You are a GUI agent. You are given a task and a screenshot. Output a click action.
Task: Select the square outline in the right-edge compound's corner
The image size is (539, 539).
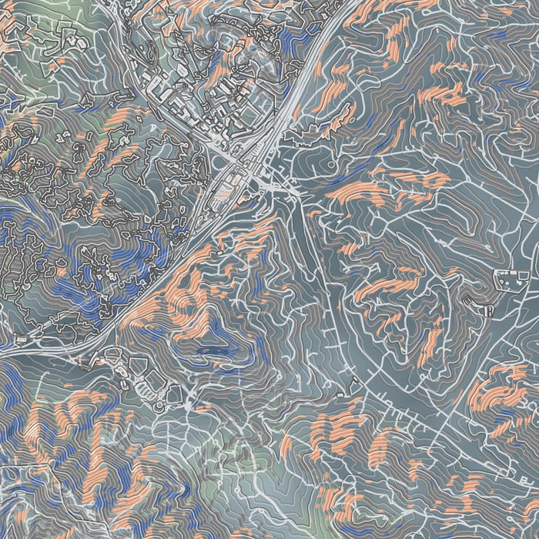[524, 275]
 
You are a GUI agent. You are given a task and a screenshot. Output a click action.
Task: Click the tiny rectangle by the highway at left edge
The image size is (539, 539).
[17, 340]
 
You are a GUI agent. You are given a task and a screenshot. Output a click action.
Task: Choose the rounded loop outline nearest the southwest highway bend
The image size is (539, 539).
[109, 356]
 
